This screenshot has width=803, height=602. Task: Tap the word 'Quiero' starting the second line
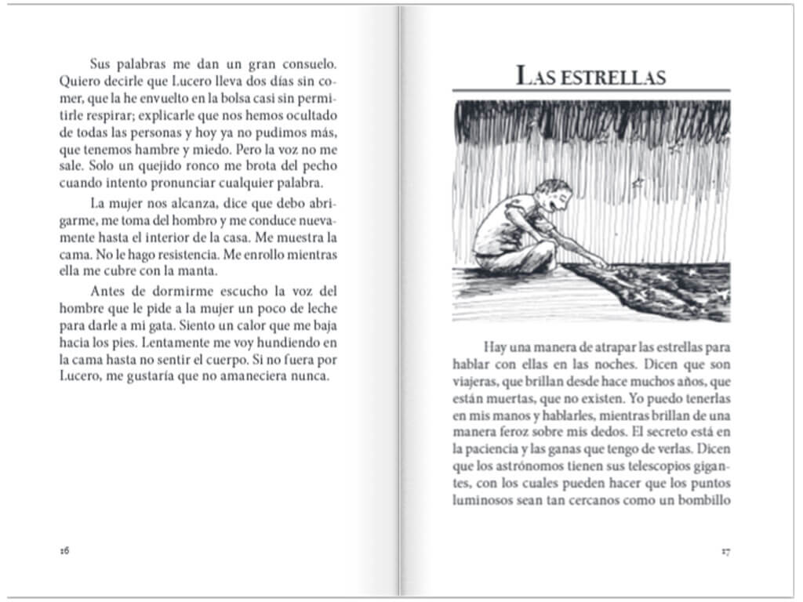[x=78, y=80]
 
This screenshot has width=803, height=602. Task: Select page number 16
[x=65, y=550]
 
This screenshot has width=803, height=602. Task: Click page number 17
[x=725, y=550]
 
